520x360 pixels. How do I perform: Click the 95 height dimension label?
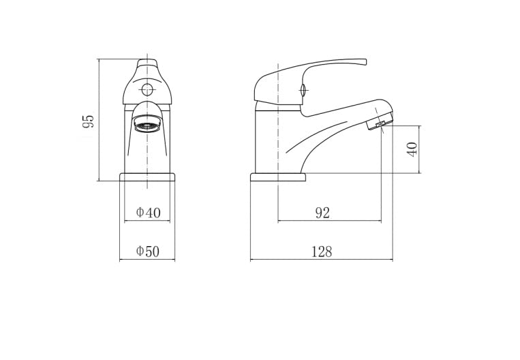[x=88, y=121]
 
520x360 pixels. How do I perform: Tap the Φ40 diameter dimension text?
[x=149, y=213]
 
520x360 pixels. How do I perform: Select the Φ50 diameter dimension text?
[x=148, y=251]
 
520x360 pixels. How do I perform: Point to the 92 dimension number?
[x=322, y=213]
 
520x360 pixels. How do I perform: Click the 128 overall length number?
[x=322, y=252]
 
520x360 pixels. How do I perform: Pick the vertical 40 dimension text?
[x=412, y=149]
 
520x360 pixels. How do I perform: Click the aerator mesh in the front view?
[x=147, y=126]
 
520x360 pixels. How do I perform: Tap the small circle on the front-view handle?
[x=147, y=89]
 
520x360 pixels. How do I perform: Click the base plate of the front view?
[x=147, y=177]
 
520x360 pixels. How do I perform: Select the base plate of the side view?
[x=278, y=177]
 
